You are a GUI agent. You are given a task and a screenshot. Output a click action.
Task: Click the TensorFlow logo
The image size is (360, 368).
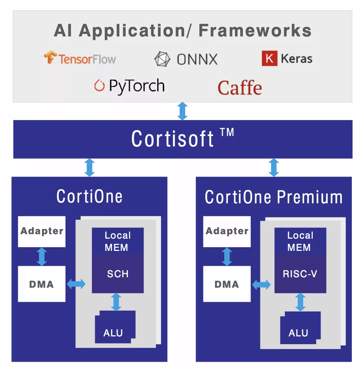[x=80, y=58]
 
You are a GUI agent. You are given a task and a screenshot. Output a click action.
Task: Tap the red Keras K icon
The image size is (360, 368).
[x=269, y=59]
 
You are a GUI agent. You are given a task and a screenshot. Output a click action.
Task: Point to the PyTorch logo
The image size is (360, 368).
[x=129, y=86]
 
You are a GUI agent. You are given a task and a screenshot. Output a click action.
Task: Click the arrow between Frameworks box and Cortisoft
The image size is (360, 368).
[x=182, y=111]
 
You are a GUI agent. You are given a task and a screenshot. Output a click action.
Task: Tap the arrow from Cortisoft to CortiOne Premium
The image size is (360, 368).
[x=274, y=167]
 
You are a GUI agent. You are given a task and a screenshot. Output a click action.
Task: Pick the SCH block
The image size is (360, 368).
[x=118, y=274]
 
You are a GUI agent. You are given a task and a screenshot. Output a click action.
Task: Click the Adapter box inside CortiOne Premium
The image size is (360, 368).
[x=227, y=231]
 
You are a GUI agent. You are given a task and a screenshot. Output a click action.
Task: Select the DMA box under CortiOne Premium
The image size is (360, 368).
[x=227, y=284]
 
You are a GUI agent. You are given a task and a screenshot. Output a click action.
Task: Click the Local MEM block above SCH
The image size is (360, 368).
[x=118, y=241]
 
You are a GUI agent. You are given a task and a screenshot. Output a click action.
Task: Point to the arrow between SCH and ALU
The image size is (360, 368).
[x=116, y=302]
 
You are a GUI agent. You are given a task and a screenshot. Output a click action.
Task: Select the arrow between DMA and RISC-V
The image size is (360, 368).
[x=261, y=285]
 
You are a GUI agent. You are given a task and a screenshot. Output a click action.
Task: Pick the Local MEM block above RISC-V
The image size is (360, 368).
[x=300, y=241]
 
